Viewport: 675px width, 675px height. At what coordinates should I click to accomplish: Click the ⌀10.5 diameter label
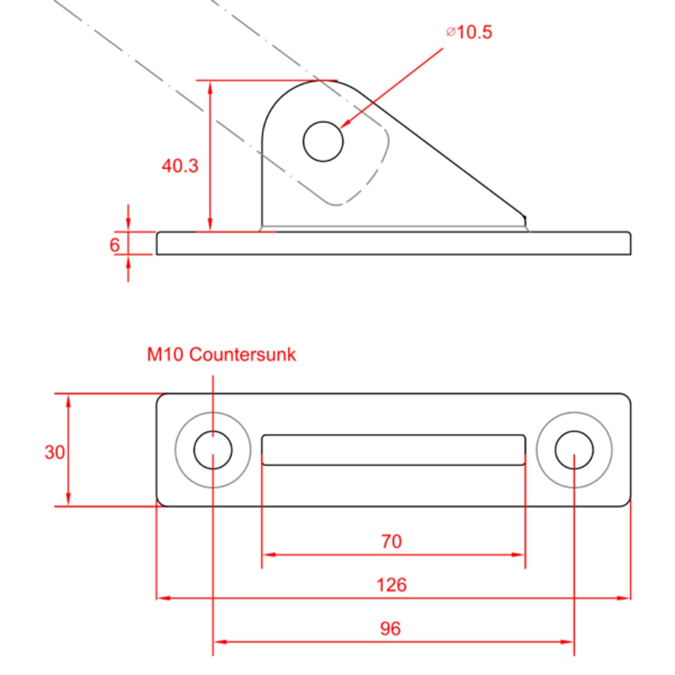(469, 32)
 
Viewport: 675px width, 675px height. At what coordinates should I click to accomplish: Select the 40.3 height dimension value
(180, 166)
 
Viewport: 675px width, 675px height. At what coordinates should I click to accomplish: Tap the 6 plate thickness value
(115, 245)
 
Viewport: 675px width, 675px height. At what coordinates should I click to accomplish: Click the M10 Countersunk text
(221, 355)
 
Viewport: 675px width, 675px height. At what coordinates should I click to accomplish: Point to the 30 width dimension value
(54, 452)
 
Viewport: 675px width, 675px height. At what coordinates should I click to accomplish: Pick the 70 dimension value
(391, 541)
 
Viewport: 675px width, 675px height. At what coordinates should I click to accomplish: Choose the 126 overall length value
(391, 585)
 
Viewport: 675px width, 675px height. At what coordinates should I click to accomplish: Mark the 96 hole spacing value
(390, 629)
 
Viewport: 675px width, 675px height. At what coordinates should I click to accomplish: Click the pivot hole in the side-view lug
(323, 141)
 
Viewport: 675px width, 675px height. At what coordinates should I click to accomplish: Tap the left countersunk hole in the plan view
(213, 450)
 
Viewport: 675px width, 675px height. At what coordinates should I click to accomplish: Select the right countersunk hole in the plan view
(574, 450)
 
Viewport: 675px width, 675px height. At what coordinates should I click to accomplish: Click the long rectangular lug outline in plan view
(393, 450)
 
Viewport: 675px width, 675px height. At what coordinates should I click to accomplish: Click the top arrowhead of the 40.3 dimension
(210, 87)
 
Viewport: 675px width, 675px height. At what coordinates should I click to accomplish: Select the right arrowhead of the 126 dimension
(624, 598)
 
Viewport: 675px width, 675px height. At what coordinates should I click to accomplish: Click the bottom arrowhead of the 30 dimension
(68, 499)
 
